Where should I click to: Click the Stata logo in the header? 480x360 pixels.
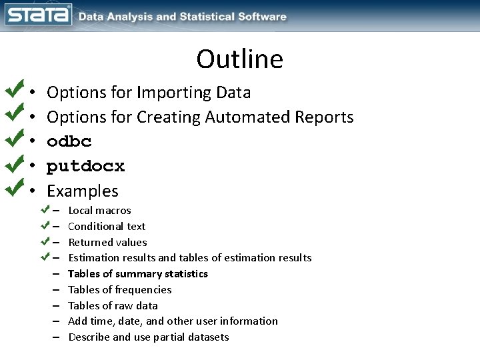pos(38,15)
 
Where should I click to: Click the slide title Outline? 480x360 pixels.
pos(239,59)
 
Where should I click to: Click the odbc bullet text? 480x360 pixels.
pos(69,142)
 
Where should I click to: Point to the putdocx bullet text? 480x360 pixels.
pos(85,166)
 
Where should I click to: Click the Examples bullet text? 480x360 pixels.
pos(82,191)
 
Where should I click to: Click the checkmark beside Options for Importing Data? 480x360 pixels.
pos(13,90)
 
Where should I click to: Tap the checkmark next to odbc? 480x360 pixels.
pos(13,139)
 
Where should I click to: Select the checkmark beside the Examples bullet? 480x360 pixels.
pos(13,189)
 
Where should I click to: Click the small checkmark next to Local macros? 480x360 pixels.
pos(45,209)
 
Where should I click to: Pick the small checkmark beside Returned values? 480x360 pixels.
pos(45,240)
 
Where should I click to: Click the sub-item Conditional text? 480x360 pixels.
pos(107,226)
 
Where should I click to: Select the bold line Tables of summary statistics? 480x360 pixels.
pos(138,273)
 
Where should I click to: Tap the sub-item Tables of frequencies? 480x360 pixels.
pos(119,289)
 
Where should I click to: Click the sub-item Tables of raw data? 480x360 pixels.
pos(113,305)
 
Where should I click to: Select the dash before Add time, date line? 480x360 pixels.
pos(57,321)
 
